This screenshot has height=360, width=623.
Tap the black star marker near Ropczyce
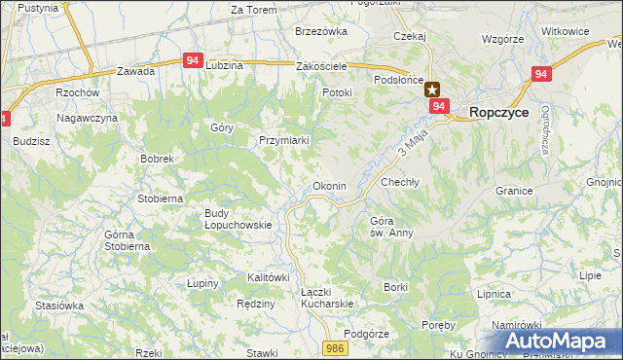point(432,89)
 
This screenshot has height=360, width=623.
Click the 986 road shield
point(336,347)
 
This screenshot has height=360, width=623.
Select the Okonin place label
point(329,186)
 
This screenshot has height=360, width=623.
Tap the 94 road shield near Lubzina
point(193,60)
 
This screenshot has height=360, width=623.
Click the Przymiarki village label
point(284,140)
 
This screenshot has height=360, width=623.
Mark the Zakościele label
point(321,66)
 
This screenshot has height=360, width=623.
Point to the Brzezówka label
point(321,31)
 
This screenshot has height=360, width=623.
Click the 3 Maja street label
point(413,147)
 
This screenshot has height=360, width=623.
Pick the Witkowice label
point(566,31)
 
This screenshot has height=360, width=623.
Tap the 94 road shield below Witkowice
point(542,74)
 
